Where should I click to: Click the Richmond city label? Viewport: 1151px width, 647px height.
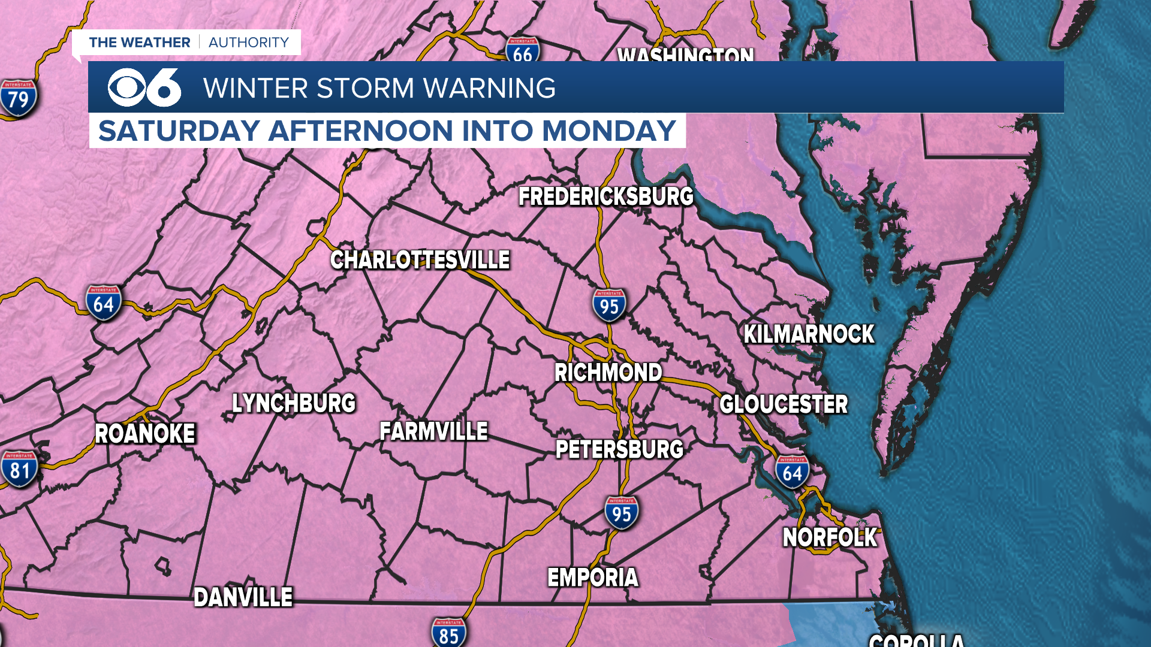tap(608, 373)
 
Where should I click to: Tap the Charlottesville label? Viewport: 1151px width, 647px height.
tap(420, 260)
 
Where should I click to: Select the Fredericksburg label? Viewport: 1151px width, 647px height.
tap(605, 196)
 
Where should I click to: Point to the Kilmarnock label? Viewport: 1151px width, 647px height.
tap(809, 334)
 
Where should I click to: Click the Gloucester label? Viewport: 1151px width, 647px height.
tap(784, 404)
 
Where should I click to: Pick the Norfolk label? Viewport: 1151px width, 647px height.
tap(830, 537)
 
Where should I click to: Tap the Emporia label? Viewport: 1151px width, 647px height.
tap(593, 578)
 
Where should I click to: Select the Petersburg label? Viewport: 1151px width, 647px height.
tap(619, 449)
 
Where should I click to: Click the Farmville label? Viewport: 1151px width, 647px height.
tap(433, 431)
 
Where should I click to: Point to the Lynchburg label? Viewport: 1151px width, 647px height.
tap(294, 403)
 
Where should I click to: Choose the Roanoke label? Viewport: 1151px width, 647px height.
tap(145, 434)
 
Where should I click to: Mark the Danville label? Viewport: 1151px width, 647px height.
tap(243, 597)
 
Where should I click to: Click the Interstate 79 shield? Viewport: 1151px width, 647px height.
tap(19, 98)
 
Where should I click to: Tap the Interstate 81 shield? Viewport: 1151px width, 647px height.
tap(20, 469)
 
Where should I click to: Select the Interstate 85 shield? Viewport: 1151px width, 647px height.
tap(448, 633)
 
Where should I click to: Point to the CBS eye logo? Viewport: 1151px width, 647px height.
tap(126, 87)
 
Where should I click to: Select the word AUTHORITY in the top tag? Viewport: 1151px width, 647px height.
tap(249, 43)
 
